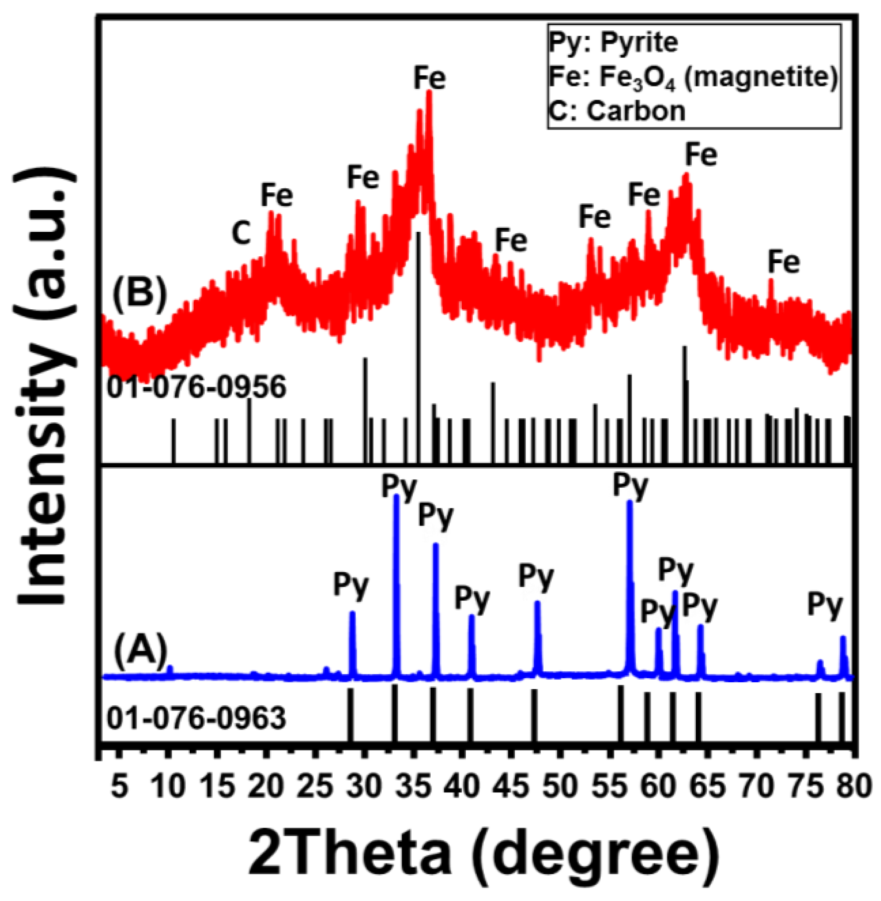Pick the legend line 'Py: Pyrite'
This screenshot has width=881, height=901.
coord(613,43)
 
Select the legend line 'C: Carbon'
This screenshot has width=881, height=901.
coord(617,111)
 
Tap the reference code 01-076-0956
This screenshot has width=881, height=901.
coord(196,387)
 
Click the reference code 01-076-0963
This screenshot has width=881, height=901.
coord(196,719)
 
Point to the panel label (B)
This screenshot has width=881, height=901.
coord(139,294)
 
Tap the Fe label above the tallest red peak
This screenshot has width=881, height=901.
coord(430,78)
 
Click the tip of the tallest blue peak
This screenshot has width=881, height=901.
coord(396,498)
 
